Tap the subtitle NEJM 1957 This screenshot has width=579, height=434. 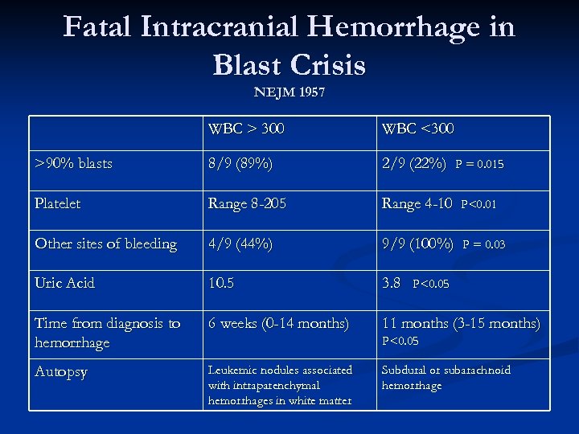coord(289,92)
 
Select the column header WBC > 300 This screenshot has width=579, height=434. coord(246,129)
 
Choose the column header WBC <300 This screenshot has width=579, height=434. coord(418,129)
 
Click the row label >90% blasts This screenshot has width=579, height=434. coord(74,164)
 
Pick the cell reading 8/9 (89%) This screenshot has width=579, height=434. coord(240,164)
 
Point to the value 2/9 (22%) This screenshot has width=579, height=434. coord(414,164)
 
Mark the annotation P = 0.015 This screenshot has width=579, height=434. coord(479,165)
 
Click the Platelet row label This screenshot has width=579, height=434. coord(58,203)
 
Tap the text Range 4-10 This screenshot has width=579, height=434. coord(417,203)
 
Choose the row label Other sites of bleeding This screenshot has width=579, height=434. coord(106,244)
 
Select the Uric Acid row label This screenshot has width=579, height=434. coord(65,283)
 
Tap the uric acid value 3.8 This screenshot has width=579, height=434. coord(392,283)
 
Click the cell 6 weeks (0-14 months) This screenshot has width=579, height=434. coord(278,323)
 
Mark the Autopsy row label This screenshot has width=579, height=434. coord(61,372)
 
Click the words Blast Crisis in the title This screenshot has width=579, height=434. coord(289,64)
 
